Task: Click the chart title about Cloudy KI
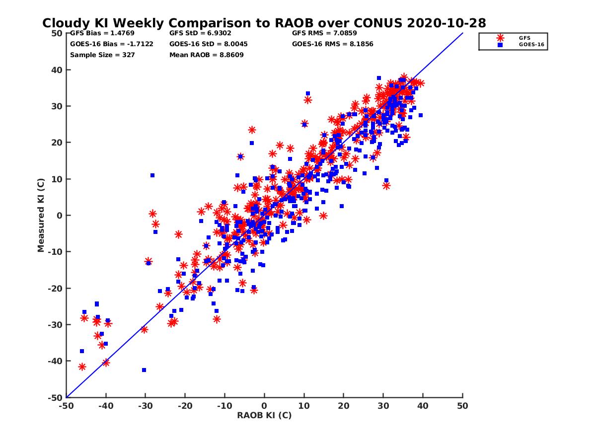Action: (x=264, y=23)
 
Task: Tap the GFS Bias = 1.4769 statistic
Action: (x=102, y=33)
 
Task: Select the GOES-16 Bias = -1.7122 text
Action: (x=112, y=44)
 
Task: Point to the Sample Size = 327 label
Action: (x=102, y=55)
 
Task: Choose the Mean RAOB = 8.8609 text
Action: (x=207, y=55)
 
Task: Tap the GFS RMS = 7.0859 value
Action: (x=324, y=33)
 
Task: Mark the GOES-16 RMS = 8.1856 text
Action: (x=333, y=44)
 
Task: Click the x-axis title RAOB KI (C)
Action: (x=264, y=415)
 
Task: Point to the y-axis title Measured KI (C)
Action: (x=41, y=215)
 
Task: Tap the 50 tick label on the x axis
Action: (x=462, y=406)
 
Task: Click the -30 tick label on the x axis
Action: (x=145, y=406)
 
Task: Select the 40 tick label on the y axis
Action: (x=57, y=70)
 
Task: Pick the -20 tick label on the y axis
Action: (x=55, y=288)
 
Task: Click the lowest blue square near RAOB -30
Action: (x=144, y=370)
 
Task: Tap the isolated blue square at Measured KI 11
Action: (x=152, y=175)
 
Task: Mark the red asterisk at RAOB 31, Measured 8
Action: (x=386, y=186)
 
